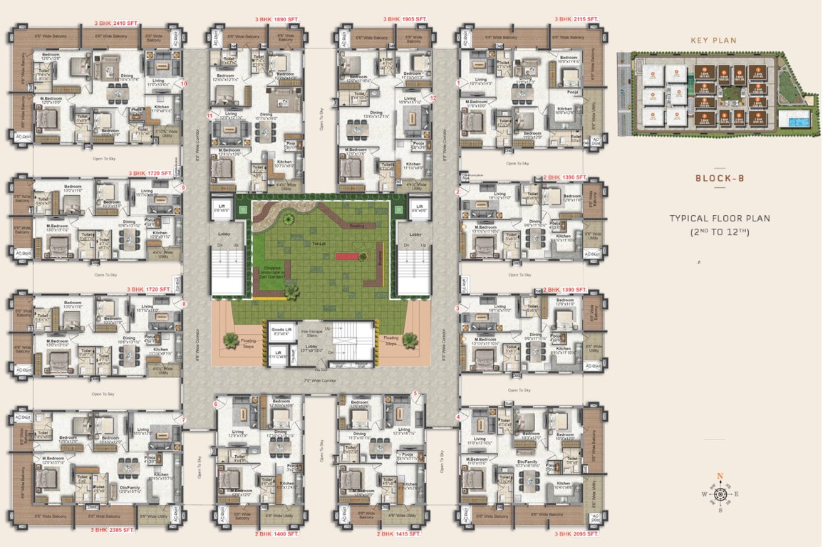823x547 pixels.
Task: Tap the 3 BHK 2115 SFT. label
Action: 576,19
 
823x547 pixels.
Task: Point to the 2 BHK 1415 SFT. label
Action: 398,533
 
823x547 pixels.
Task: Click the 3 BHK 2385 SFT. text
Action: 112,530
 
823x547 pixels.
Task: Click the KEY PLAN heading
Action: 713,41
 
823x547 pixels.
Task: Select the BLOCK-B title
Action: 720,178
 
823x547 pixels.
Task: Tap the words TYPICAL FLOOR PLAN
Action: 720,219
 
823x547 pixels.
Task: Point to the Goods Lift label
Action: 279,330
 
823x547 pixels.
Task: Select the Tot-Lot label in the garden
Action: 319,244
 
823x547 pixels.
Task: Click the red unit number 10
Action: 185,83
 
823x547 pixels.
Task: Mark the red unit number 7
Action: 183,420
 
